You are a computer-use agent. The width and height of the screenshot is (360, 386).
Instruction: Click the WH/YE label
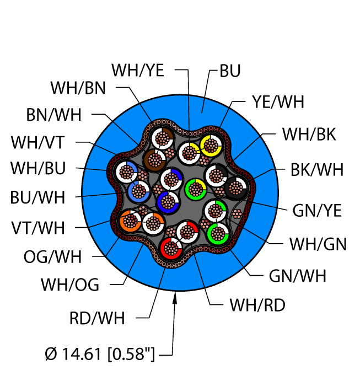138,71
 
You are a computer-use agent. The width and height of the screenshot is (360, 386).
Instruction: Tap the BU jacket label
230,71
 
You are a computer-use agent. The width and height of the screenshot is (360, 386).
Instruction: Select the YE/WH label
278,101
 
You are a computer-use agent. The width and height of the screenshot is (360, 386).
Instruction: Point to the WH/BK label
309,134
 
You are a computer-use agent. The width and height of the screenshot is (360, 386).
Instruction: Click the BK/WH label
317,170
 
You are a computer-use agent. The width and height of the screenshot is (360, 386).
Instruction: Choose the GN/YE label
317,211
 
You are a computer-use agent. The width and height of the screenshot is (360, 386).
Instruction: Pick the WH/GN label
318,244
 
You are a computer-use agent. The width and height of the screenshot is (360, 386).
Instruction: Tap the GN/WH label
298,276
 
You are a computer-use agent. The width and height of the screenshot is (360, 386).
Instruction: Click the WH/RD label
257,305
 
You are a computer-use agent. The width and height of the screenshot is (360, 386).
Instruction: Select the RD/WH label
97,318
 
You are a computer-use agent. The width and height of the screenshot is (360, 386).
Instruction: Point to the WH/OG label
70,285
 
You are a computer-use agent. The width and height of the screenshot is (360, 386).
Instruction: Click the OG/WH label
52,256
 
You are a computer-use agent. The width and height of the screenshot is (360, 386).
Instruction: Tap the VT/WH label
38,228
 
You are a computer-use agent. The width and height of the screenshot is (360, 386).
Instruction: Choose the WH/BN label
78,88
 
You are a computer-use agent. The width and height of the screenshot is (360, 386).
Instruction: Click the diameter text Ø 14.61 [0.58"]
100,354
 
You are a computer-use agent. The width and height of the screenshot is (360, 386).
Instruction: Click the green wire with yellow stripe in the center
196,189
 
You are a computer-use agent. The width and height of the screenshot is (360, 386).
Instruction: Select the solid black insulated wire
236,188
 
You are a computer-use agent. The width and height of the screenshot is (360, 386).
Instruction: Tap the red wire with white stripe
171,248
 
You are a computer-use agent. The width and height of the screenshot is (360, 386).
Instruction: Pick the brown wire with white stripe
155,160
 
